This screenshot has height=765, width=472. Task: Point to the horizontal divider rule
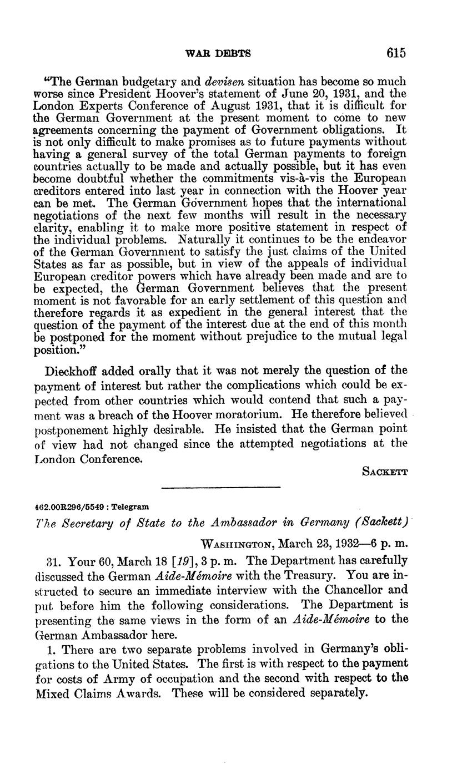[220, 487]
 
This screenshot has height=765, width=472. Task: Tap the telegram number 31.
[42, 559]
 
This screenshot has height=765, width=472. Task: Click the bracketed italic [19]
[153, 559]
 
